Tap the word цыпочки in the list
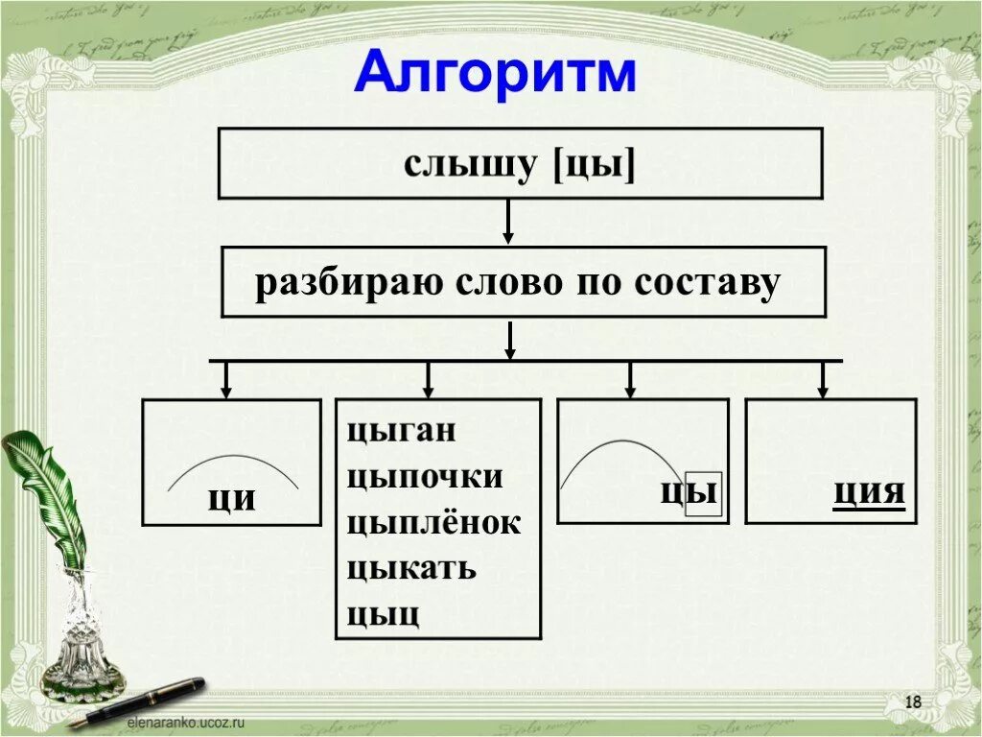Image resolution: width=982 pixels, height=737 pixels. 425,476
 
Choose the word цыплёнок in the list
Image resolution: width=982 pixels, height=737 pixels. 433,522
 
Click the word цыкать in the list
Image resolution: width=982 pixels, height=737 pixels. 411,567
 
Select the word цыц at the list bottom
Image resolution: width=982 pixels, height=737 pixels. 384,612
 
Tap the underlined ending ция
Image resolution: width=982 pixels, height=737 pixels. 869,491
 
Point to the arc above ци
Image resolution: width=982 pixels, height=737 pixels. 233,460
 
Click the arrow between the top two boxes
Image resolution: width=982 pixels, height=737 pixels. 509,222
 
